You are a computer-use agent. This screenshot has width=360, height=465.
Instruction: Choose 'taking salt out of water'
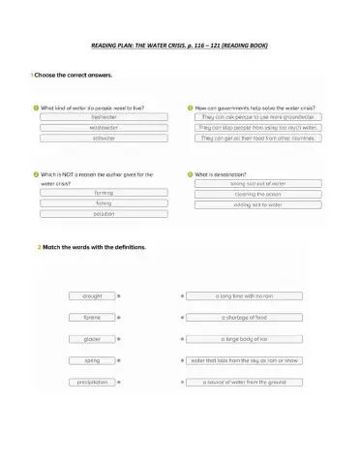click(x=257, y=183)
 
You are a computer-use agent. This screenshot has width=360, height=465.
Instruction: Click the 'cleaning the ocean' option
click(x=257, y=194)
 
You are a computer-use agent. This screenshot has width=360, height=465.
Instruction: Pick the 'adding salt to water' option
click(x=257, y=204)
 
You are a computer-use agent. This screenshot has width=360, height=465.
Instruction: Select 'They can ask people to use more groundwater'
click(x=258, y=116)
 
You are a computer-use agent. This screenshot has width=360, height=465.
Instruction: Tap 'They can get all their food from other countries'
click(x=258, y=138)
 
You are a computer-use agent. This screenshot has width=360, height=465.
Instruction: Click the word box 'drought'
click(x=92, y=295)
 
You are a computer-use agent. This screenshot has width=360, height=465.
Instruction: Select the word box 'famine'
click(x=92, y=317)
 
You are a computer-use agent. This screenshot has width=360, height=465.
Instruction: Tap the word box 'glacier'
click(x=92, y=339)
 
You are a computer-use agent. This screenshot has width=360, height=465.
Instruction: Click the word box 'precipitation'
click(x=92, y=383)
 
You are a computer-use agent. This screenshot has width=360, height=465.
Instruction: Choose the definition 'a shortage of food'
click(x=244, y=317)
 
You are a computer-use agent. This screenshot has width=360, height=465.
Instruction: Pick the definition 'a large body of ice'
click(x=244, y=339)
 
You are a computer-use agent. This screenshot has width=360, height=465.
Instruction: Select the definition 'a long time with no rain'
click(x=244, y=295)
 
